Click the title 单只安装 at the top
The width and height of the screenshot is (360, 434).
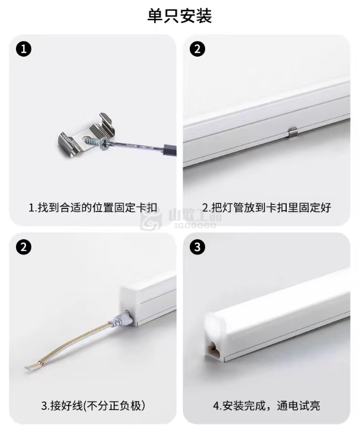pyautogui.click(x=180, y=16)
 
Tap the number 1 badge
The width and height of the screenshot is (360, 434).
pyautogui.click(x=24, y=49)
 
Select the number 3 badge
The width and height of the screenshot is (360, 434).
pyautogui.click(x=197, y=247)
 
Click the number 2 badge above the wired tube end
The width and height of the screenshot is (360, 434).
pyautogui.click(x=24, y=247)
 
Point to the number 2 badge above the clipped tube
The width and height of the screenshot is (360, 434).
pyautogui.click(x=197, y=49)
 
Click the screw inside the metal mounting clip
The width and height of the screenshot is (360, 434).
pyautogui.click(x=95, y=142)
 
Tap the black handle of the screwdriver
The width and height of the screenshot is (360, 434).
pyautogui.click(x=170, y=150)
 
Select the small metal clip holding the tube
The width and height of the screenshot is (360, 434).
pyautogui.click(x=293, y=133)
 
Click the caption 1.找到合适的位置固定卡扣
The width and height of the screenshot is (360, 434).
pyautogui.click(x=93, y=208)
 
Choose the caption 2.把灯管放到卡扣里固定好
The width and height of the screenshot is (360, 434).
pyautogui.click(x=267, y=208)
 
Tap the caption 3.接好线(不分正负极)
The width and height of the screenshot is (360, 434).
pyautogui.click(x=93, y=406)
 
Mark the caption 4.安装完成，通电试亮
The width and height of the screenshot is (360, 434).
pyautogui.click(x=267, y=406)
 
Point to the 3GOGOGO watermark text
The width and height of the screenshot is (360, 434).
pyautogui.click(x=195, y=226)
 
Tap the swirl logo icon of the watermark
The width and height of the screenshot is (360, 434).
pyautogui.click(x=151, y=221)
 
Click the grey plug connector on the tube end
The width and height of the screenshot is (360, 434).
pyautogui.click(x=122, y=319)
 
